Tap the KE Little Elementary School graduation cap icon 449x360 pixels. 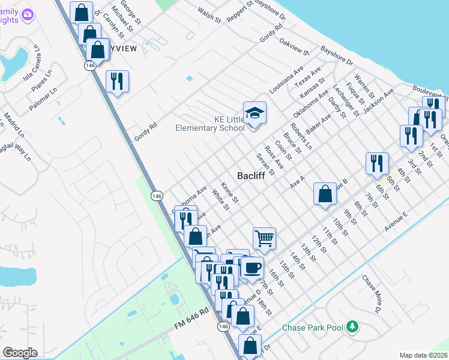coord(255,112)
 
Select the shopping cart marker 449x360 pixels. coord(264,238)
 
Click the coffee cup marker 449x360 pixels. coord(252,266)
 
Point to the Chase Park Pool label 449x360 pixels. coord(312,328)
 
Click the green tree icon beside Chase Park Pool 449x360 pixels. coord(354,327)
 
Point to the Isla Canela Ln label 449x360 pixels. coord(34,64)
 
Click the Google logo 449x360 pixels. coord(20,352)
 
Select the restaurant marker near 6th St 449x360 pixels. coord(377,163)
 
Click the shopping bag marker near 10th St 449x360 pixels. coord(325,194)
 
